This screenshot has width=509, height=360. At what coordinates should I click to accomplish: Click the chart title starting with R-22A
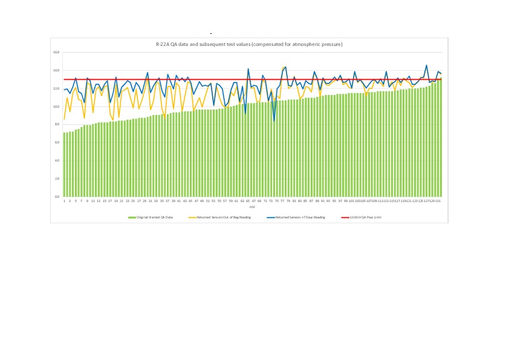click(x=249, y=45)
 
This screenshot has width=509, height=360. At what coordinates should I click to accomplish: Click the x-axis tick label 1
click(x=64, y=201)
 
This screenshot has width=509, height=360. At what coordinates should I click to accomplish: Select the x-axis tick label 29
click(x=144, y=201)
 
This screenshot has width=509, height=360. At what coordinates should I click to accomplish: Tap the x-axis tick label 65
click(x=248, y=201)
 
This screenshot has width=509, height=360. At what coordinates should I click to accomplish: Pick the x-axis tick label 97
click(x=340, y=201)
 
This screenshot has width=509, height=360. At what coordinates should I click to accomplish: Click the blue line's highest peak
click(x=427, y=65)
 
